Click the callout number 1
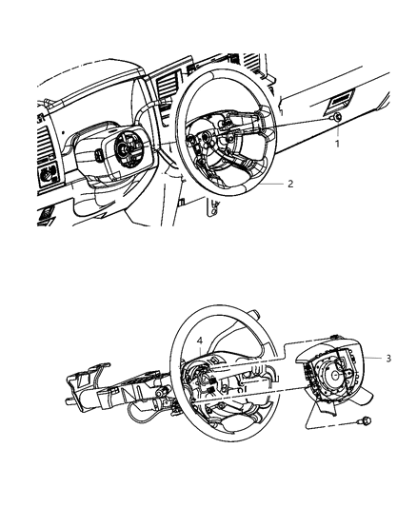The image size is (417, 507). coord(334,145)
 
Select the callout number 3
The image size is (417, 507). coord(389,358)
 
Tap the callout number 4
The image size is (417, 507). coord(200,341)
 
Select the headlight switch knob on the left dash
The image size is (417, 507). coord(46,175)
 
